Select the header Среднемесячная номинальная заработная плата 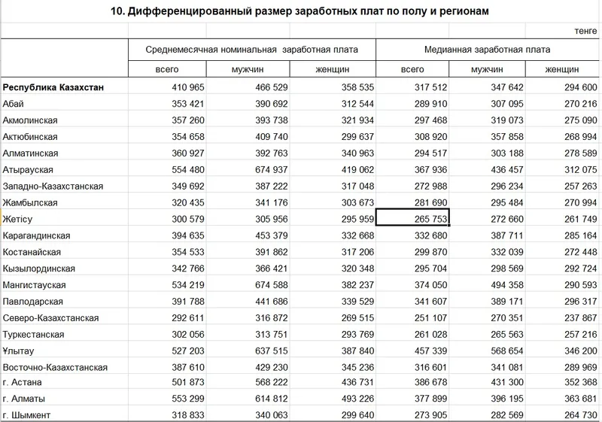point(251,49)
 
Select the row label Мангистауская point(35,284)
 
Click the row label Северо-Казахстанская point(51,317)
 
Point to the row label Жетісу point(20,218)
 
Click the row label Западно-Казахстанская point(53,186)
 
